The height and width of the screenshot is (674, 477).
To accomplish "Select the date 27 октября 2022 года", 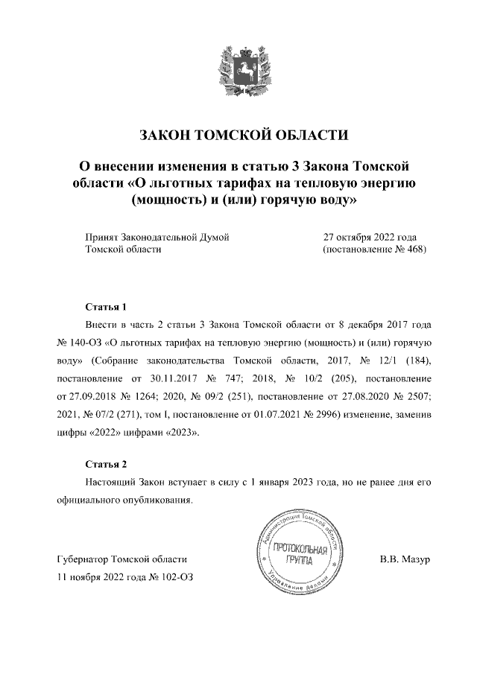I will [x=370, y=238].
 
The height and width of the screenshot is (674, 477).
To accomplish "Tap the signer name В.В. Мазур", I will [x=405, y=559].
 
